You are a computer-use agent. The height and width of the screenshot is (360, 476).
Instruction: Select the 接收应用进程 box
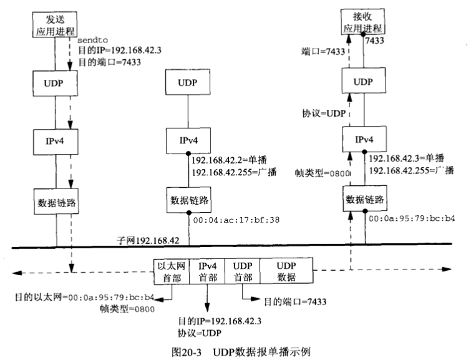point(364,22)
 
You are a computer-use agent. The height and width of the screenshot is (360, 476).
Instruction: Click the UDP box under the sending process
point(56,82)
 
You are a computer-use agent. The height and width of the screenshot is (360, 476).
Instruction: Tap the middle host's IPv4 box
point(188,142)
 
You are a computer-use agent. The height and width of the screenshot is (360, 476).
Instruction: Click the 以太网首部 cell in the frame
point(172,270)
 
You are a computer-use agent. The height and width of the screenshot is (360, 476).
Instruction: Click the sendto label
point(89,41)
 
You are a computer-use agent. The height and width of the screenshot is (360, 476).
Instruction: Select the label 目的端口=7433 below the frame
point(286,302)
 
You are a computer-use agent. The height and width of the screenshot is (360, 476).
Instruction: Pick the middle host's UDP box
point(188,82)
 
